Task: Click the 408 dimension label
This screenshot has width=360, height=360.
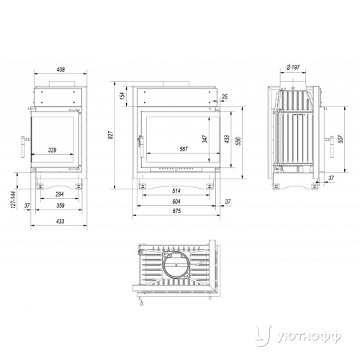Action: tap(60, 70)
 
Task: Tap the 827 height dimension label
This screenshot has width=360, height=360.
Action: tap(111, 135)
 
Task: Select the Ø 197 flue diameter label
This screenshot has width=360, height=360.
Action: tap(293, 67)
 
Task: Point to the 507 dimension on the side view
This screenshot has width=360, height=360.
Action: tap(341, 139)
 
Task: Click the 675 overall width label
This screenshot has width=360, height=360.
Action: tap(176, 211)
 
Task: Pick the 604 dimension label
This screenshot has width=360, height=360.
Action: tap(176, 202)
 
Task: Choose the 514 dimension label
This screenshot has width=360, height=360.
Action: tap(176, 191)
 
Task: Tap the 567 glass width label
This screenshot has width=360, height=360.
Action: tap(184, 149)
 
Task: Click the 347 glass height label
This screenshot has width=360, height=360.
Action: tap(205, 139)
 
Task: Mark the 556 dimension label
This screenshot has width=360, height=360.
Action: tap(238, 141)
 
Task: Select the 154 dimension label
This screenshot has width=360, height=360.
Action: tap(122, 96)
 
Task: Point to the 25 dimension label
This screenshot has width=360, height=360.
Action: tap(225, 96)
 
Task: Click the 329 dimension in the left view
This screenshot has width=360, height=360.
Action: tap(52, 150)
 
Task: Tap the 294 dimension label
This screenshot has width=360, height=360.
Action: tap(60, 194)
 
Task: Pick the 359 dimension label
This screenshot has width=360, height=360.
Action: tap(60, 205)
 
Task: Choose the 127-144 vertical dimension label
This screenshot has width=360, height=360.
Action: tap(14, 199)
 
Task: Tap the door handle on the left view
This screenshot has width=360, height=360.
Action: tap(24, 147)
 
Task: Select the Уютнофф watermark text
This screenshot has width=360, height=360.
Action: tap(309, 337)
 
